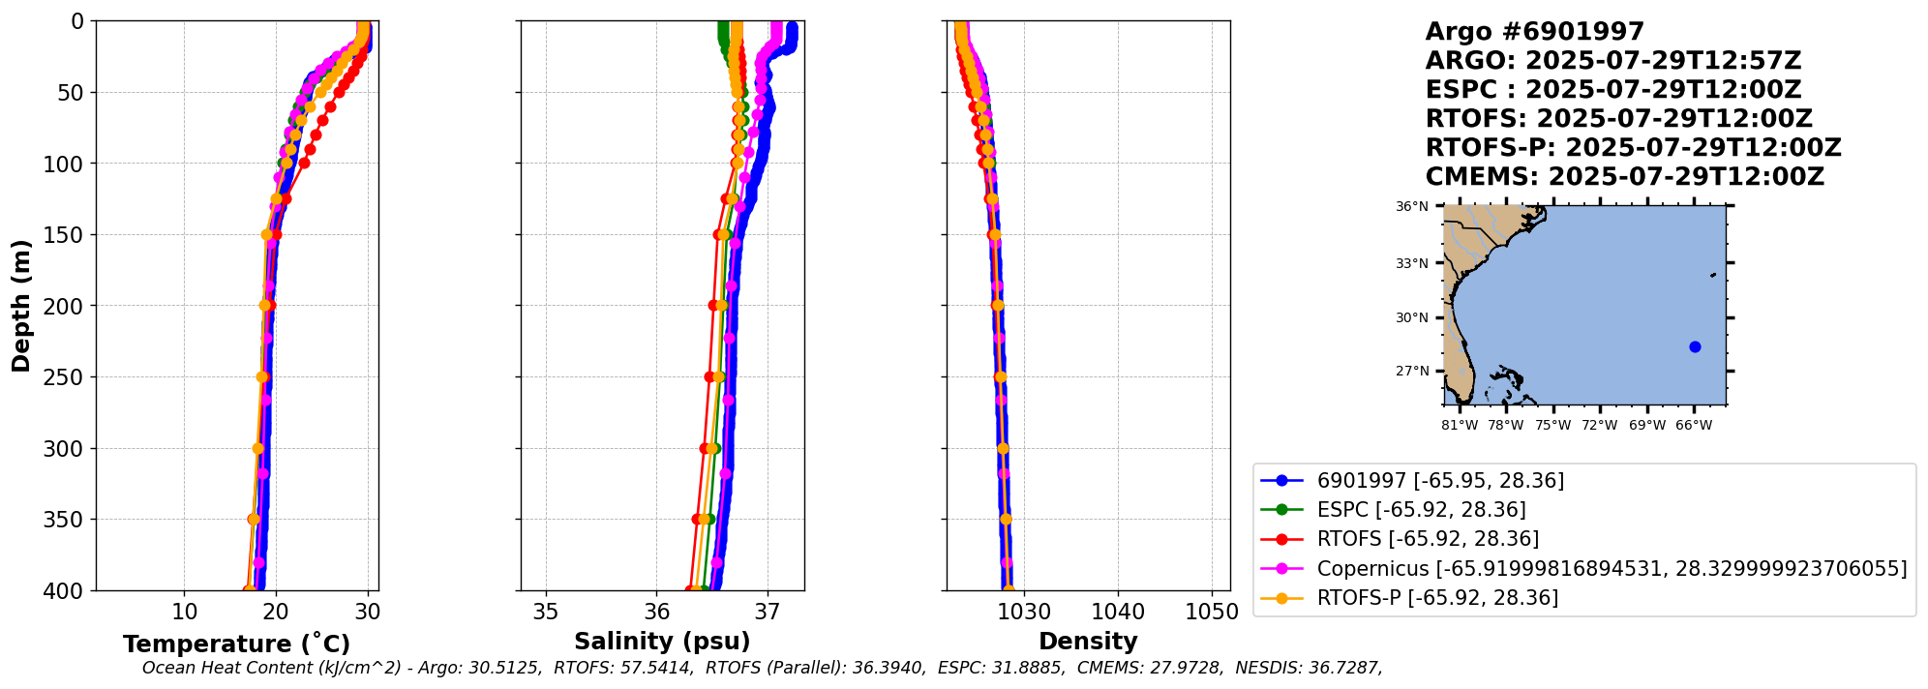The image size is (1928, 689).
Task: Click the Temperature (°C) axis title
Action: (x=236, y=644)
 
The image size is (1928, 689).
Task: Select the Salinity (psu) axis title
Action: (x=662, y=642)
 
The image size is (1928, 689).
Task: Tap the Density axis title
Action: (x=1088, y=642)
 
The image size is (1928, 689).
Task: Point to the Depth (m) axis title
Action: (x=21, y=306)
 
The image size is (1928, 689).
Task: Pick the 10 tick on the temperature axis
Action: (x=184, y=612)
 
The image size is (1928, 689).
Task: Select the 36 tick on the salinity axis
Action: (x=657, y=612)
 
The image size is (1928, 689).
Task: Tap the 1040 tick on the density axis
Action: (x=1118, y=612)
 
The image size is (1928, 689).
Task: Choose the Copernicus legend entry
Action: (x=1612, y=568)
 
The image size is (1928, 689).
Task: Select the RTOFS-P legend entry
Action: (x=1437, y=598)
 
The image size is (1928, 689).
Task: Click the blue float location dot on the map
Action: (x=1695, y=346)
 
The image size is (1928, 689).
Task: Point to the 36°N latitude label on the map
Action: (x=1412, y=207)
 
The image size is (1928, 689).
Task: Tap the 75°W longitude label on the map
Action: (x=1552, y=425)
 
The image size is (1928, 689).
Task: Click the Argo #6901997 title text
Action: (x=1534, y=32)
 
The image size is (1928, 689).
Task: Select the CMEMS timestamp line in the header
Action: (x=1624, y=177)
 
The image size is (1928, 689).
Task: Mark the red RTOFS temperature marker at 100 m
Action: (x=304, y=164)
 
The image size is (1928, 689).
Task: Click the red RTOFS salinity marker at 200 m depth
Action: (x=713, y=305)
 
